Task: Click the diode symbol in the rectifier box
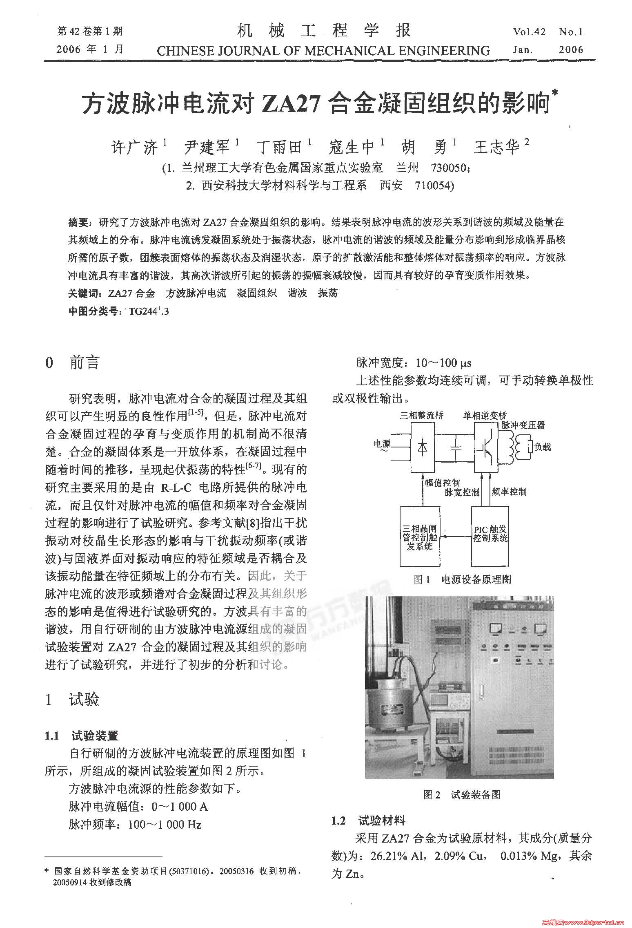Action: [x=422, y=447]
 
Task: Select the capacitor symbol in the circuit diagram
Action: [x=455, y=447]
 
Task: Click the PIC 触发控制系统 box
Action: [x=490, y=535]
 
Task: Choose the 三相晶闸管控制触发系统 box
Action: [x=420, y=536]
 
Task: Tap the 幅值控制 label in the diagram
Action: [x=443, y=483]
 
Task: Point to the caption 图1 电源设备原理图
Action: [x=462, y=579]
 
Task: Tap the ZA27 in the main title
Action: [x=290, y=105]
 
